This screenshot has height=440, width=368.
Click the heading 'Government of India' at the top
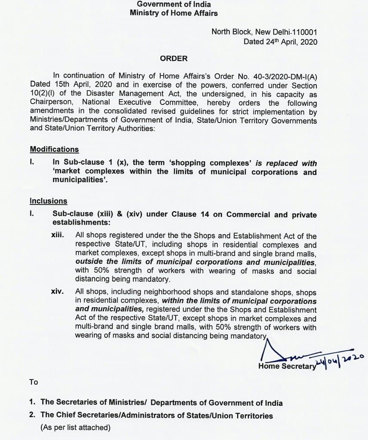pyautogui.click(x=173, y=4)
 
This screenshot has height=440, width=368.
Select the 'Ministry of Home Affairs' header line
pyautogui.click(x=173, y=13)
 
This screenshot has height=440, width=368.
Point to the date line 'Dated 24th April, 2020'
pyautogui.click(x=280, y=42)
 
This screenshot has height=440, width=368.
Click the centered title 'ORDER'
pyautogui.click(x=173, y=58)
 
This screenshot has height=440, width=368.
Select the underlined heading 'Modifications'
pyautogui.click(x=54, y=149)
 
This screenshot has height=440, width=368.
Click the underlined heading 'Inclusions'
pyautogui.click(x=48, y=201)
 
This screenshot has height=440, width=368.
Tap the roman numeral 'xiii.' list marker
pyautogui.click(x=58, y=235)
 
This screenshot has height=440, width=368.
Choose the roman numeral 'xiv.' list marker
pyautogui.click(x=58, y=292)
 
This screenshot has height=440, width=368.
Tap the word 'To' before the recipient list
pyautogui.click(x=34, y=382)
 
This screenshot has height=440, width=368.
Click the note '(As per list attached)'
pyautogui.click(x=75, y=428)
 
